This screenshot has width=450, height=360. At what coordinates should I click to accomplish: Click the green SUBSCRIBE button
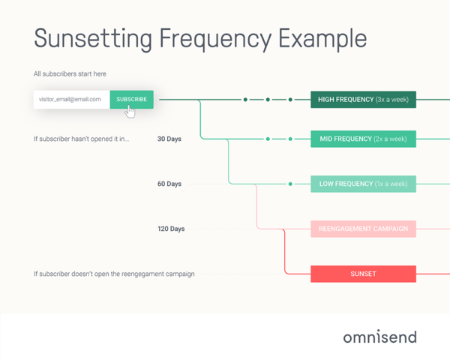pyautogui.click(x=132, y=99)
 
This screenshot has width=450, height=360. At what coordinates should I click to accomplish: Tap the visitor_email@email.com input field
pyautogui.click(x=72, y=99)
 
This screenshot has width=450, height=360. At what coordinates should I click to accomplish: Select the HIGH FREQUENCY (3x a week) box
pyautogui.click(x=363, y=99)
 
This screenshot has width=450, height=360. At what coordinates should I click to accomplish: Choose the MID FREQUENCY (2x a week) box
pyautogui.click(x=363, y=139)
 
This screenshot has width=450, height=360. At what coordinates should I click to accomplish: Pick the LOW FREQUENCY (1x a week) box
pyautogui.click(x=363, y=184)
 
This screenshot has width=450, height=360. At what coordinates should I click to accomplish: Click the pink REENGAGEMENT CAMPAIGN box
pyautogui.click(x=363, y=229)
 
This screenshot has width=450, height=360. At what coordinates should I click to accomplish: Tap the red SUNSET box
pyautogui.click(x=363, y=274)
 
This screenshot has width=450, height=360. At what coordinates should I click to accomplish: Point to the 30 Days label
pyautogui.click(x=169, y=139)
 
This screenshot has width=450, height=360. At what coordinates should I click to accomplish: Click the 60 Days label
pyautogui.click(x=169, y=184)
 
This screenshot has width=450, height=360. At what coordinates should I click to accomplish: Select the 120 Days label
pyautogui.click(x=171, y=229)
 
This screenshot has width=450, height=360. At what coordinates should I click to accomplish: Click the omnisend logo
pyautogui.click(x=380, y=337)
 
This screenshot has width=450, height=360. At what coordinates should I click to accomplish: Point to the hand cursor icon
pyautogui.click(x=130, y=112)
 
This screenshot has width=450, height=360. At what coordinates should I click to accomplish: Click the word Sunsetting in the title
pyautogui.click(x=93, y=39)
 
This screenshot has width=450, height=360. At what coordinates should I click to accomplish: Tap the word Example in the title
pyautogui.click(x=322, y=39)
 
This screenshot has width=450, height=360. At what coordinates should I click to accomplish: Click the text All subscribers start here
pyautogui.click(x=70, y=73)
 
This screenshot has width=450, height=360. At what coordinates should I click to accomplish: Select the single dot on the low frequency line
pyautogui.click(x=290, y=184)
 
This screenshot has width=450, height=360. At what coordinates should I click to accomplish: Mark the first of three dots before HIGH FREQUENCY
pyautogui.click(x=245, y=100)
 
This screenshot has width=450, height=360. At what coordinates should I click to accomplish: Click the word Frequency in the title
pyautogui.click(x=215, y=39)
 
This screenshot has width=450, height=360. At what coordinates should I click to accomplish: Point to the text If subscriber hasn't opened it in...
pyautogui.click(x=82, y=139)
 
